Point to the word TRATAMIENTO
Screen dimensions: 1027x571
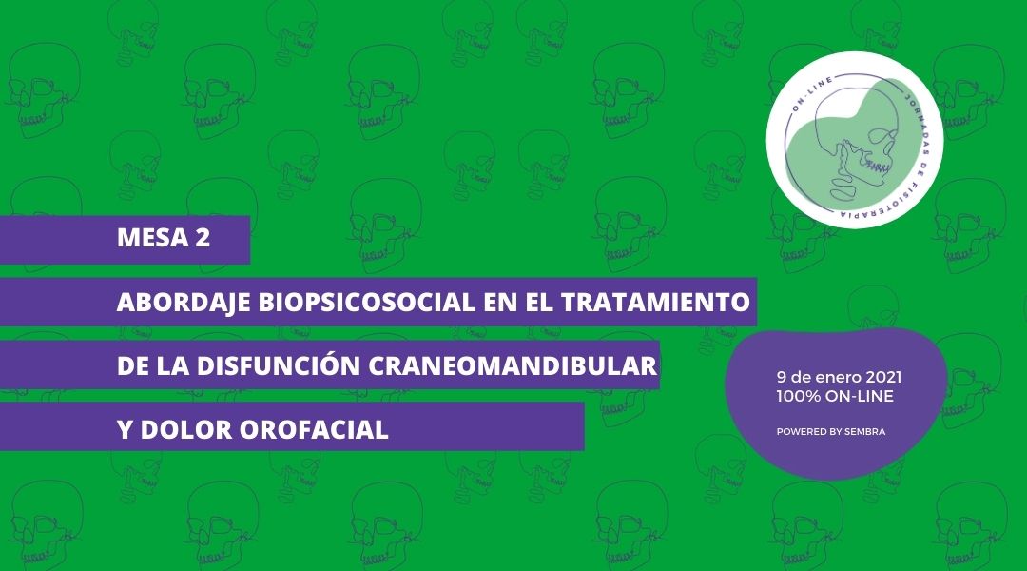coord(655,303)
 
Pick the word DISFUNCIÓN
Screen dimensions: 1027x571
coord(279,365)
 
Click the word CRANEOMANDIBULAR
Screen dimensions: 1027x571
coord(513,365)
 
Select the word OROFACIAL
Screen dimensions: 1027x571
coord(315,430)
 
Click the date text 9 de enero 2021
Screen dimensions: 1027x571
coord(839,378)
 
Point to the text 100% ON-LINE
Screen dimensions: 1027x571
coord(835,396)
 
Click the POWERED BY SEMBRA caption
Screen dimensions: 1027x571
coord(831,432)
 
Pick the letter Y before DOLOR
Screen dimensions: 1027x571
coord(126,430)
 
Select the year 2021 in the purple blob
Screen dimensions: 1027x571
coord(883,378)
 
